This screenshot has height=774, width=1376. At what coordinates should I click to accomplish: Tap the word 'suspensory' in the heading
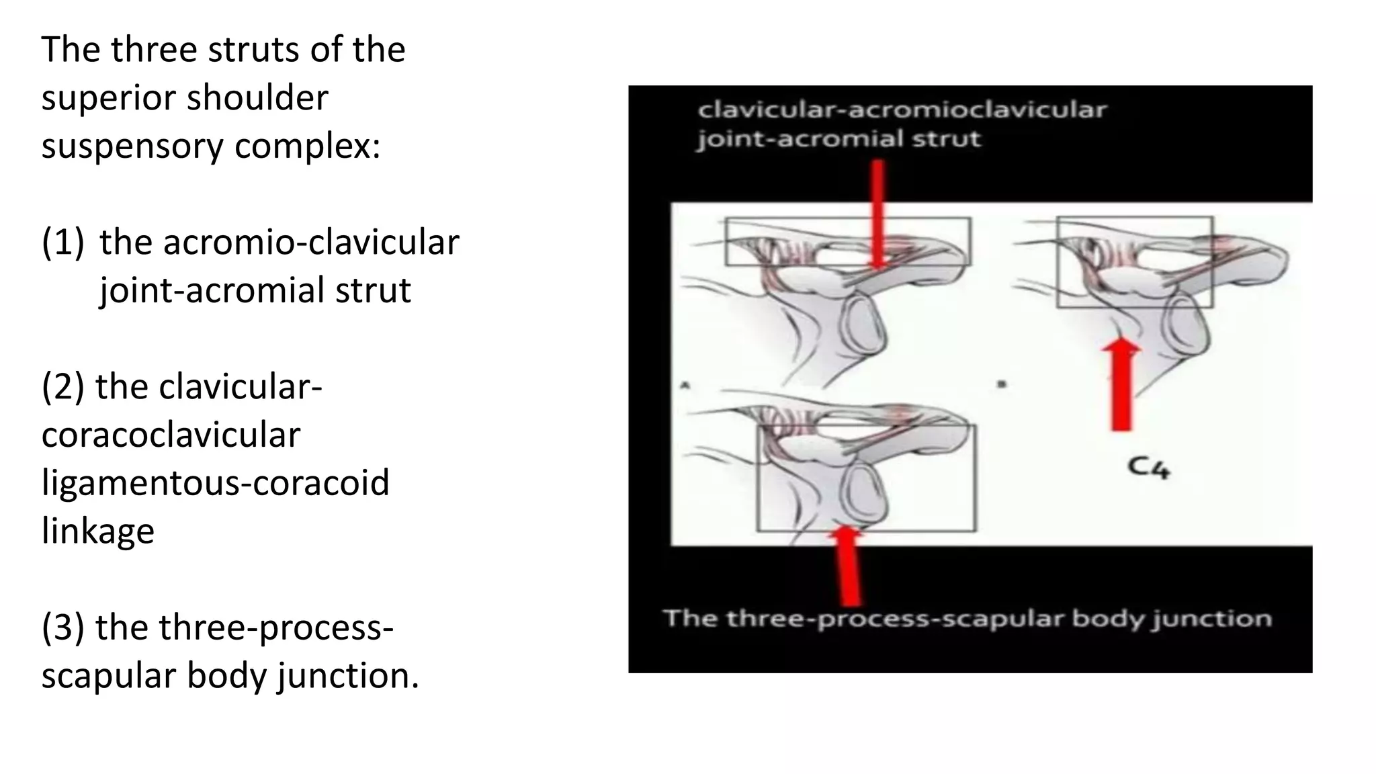pos(132,146)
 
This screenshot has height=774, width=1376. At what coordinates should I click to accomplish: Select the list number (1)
pos(63,242)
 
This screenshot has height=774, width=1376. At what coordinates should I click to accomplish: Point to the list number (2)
pos(63,387)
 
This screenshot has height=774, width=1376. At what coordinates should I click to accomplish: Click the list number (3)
pos(63,628)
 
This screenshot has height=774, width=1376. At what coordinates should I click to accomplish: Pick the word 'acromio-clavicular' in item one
pos(279,242)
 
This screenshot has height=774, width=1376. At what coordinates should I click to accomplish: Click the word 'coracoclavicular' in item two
pos(171,435)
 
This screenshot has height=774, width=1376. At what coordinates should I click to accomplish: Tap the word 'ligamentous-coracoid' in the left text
pos(215,483)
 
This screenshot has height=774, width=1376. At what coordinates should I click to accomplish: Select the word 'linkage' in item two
pos(98,531)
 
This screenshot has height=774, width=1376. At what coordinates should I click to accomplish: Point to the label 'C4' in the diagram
pos(1148,467)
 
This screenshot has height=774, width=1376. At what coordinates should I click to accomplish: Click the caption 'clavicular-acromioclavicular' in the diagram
pos(902,110)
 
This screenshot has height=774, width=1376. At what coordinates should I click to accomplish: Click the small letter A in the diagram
pos(685,385)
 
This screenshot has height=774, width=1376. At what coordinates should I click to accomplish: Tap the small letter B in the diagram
pos(1001,384)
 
